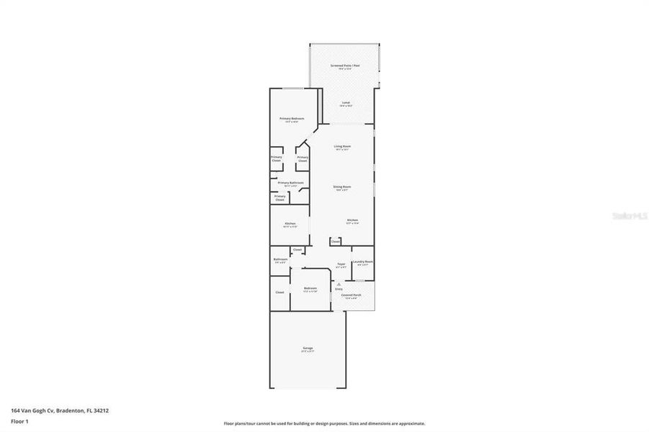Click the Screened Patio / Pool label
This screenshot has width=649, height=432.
pos(345,66)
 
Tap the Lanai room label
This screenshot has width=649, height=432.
pos(346,103)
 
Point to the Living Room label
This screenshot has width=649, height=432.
pos(342,146)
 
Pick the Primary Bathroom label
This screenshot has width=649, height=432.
pos(290,183)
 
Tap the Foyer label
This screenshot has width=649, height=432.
pos(341,264)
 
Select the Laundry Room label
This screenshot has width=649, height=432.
pos(363,262)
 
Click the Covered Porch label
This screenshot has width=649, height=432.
pos(352,294)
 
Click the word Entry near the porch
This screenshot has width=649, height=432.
pos(339,289)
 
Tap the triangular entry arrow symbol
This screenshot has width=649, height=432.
pos(339,284)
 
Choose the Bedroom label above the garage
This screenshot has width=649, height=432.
pos(310,288)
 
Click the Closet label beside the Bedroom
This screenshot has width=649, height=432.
pos(279,292)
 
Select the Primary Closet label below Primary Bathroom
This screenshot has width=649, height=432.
pos(280,197)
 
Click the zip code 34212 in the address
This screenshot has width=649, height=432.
pos(102,410)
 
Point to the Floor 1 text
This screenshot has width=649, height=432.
pos(18,420)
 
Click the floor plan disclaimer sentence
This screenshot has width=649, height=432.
pos(324,423)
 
